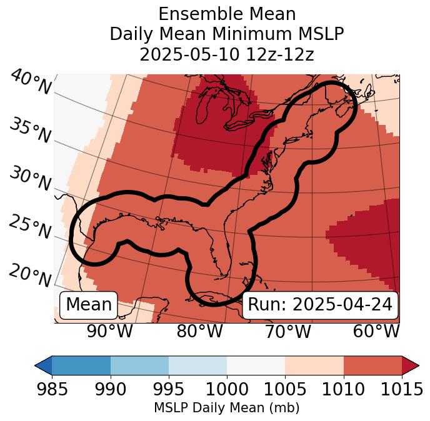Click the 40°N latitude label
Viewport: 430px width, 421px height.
point(31,82)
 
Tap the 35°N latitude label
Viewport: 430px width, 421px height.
point(29,130)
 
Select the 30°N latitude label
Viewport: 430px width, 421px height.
point(29,179)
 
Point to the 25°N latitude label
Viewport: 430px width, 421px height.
point(29,227)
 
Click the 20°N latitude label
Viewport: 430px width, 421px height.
point(29,275)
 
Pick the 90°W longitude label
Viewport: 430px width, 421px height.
point(109,331)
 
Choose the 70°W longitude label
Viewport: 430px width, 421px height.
point(287,331)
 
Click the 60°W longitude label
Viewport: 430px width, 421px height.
point(376,331)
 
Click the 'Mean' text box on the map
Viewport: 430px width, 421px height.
point(89,305)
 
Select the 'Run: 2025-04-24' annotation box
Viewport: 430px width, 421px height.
point(320,305)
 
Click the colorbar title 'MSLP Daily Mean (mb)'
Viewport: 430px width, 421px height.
point(226,409)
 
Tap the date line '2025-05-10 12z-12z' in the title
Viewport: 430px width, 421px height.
point(226,54)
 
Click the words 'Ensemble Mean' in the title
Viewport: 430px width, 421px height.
point(226,14)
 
